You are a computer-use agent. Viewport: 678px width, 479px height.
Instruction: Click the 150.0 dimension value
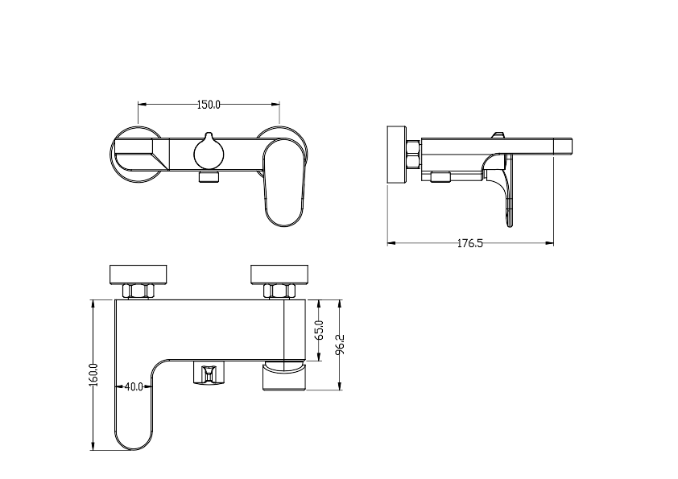coord(209,105)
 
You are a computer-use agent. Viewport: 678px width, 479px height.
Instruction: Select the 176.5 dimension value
coord(470,243)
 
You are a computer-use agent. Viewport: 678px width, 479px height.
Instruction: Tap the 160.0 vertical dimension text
coord(94,375)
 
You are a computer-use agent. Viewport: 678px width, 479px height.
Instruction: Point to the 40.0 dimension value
coord(134,386)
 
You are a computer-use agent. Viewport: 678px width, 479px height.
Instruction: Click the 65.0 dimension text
coord(320,330)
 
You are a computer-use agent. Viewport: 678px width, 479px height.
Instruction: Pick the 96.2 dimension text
coord(341,345)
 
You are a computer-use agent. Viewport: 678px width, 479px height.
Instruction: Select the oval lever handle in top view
coord(284,183)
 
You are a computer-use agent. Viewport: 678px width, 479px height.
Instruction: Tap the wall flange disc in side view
coord(397,155)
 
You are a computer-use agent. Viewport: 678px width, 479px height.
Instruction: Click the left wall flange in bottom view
coord(138,275)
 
